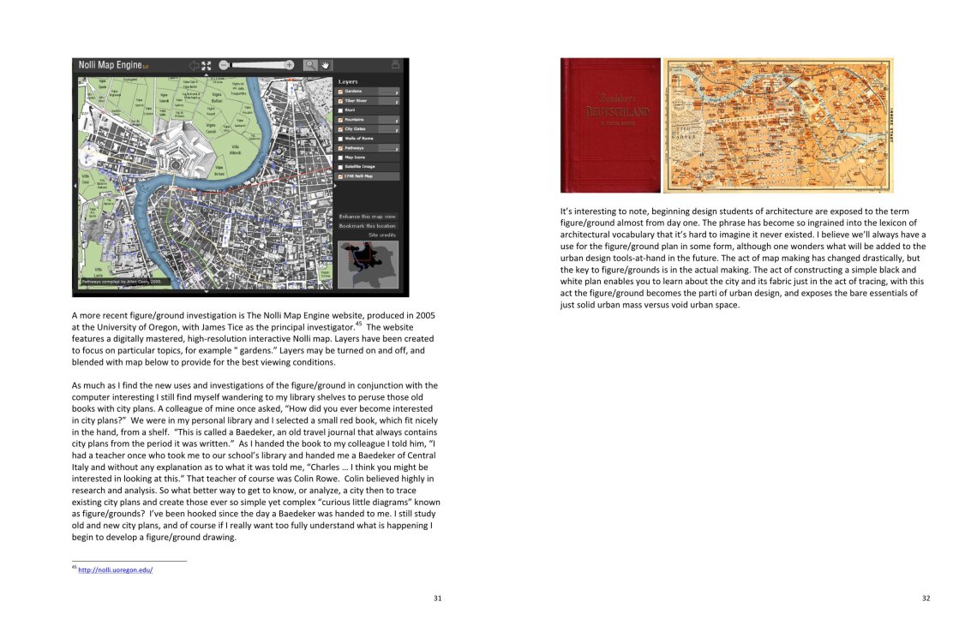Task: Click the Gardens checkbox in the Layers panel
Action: (341, 92)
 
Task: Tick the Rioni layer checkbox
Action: (341, 110)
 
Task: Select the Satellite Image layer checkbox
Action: (341, 167)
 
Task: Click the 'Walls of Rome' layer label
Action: (360, 139)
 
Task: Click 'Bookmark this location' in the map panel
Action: (367, 226)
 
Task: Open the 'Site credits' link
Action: (382, 235)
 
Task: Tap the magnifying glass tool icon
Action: (310, 65)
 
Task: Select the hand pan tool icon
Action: (326, 65)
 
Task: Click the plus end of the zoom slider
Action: (289, 65)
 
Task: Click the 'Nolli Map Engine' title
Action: (111, 65)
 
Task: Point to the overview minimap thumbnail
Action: (369, 264)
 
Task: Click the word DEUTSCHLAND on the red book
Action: (610, 112)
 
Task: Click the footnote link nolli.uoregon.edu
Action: (116, 569)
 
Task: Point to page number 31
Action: (437, 598)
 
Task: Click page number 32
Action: (926, 598)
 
